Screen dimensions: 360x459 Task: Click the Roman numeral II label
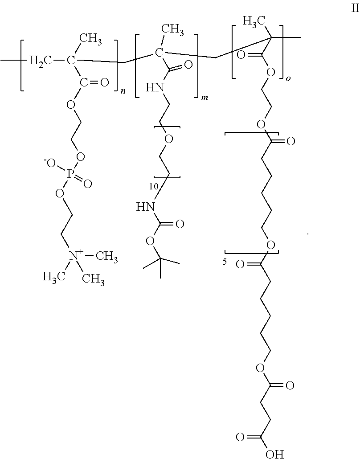353,9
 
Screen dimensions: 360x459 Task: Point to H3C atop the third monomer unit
254,20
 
